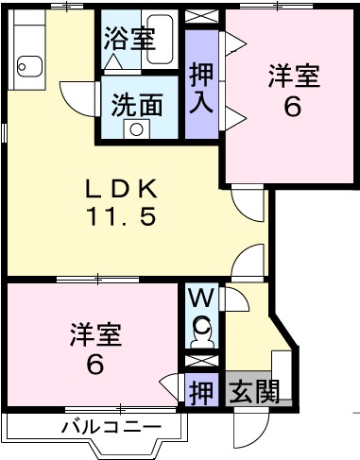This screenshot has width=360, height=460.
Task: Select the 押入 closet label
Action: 200,87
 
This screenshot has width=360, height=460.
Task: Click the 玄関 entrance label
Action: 255,390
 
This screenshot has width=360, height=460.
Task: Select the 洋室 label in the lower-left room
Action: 95,334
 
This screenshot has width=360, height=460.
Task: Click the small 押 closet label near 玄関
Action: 200,390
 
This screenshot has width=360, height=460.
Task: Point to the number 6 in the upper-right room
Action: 293,107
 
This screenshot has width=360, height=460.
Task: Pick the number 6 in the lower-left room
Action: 95,365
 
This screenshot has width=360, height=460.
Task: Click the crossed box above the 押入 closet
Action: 200,17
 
